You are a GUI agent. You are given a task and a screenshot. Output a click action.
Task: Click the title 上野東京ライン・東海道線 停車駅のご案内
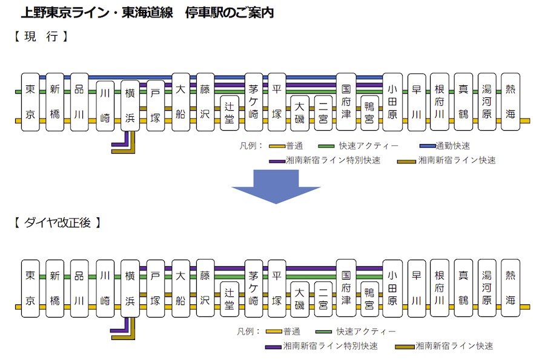pos(147,13)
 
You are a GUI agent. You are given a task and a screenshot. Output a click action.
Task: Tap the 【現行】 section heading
pos(41,36)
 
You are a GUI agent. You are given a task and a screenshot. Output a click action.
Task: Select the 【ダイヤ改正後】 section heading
pos(58,223)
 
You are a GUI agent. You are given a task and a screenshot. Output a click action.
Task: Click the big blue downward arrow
pos(276,186)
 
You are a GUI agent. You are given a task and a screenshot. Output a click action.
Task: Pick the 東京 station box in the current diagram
pos(30,102)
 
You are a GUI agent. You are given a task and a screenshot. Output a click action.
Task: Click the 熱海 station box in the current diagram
pos(510,102)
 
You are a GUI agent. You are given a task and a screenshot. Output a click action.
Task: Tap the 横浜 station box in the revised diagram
pos(130,289)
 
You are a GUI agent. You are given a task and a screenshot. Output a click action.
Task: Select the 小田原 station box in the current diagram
pos(392,102)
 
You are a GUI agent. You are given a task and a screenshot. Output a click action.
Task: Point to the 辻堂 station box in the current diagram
pos(230,113)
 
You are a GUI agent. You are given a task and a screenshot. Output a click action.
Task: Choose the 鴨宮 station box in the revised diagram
pos(369,299)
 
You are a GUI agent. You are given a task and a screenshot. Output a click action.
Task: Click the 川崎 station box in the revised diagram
pos(105,289)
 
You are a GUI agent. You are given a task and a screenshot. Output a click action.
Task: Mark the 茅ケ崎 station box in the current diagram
pos(254,102)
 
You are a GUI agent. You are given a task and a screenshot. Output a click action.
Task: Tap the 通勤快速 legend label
pos(453,146)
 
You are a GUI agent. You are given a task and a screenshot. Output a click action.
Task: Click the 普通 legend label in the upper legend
pos(295,146)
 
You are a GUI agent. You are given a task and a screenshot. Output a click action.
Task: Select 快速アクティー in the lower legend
pos(366,332)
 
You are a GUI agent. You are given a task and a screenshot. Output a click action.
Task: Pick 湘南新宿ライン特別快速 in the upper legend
pos(333,160)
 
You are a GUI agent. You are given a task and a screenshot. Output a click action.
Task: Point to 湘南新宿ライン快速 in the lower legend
pos(454,346)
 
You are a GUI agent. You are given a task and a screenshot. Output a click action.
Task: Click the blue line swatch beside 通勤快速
pos(428,146)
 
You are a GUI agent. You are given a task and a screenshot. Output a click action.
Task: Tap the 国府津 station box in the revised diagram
pos(346,288)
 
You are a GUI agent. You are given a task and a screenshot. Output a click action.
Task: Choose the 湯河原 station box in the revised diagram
pos(487,288)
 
